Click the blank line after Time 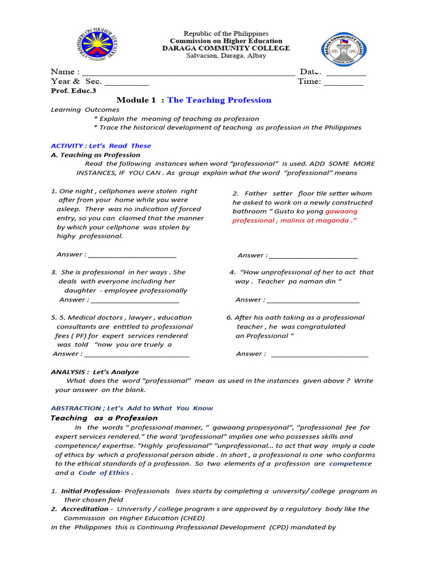point(343,83)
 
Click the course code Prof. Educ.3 point(73,91)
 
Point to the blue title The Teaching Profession point(219,100)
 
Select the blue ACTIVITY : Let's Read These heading point(101,146)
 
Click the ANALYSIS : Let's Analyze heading point(94,372)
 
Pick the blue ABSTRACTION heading point(132,408)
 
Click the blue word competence point(350,464)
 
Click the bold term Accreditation point(85,509)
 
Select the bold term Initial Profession point(90,491)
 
